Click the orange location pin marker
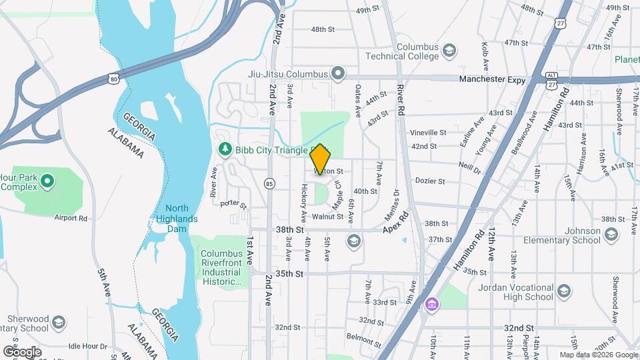(x=320, y=159)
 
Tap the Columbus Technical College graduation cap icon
(x=449, y=51)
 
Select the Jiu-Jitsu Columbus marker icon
(x=339, y=73)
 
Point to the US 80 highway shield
(x=114, y=79)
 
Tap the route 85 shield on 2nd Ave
(x=269, y=182)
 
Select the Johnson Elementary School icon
(x=611, y=234)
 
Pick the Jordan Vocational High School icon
(x=564, y=291)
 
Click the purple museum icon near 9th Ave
(x=433, y=305)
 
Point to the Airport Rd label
(x=71, y=218)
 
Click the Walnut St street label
(x=327, y=217)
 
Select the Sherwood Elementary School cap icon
(x=58, y=322)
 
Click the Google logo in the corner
(x=22, y=351)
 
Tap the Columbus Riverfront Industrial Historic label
(x=221, y=267)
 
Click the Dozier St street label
(x=430, y=181)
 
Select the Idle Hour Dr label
(x=87, y=346)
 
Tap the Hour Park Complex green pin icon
(x=47, y=181)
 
